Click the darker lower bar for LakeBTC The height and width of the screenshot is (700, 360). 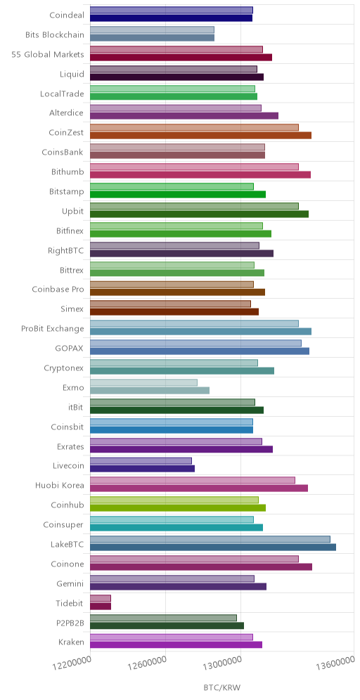point(213,547)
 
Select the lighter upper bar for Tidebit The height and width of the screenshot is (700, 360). point(101,598)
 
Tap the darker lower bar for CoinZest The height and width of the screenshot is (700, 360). point(200,135)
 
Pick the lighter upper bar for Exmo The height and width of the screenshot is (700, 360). point(144,382)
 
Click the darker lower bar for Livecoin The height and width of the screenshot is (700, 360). point(143,469)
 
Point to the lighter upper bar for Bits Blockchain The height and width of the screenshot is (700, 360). point(153,30)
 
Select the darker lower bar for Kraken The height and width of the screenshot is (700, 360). point(176,644)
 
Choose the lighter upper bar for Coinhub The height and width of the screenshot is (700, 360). point(174,500)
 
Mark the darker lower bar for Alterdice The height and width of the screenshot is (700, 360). point(184,116)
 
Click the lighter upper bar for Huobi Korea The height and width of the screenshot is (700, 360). point(193,480)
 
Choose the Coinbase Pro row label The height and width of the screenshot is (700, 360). point(58,289)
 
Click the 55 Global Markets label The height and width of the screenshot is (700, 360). point(48,54)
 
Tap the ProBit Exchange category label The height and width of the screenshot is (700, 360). point(53,329)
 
